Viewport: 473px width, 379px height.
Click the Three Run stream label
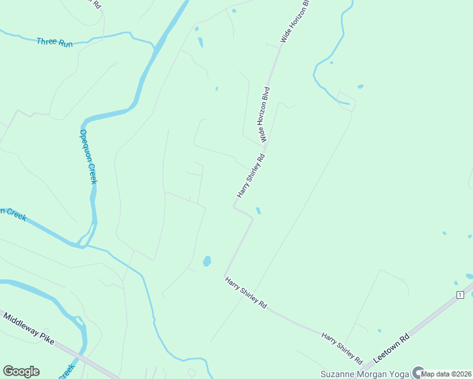pyautogui.click(x=55, y=42)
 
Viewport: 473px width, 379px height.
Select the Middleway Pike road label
pyautogui.click(x=28, y=327)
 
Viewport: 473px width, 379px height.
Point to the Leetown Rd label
pyautogui.click(x=391, y=347)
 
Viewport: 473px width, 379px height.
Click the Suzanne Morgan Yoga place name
pyautogui.click(x=364, y=373)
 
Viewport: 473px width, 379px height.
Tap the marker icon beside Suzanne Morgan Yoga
pyautogui.click(x=417, y=372)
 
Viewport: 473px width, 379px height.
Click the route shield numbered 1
pyautogui.click(x=460, y=296)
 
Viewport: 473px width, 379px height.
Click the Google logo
pyautogui.click(x=21, y=371)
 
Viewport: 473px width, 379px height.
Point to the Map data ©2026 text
pyautogui.click(x=446, y=375)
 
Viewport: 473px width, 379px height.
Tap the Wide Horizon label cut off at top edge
pyautogui.click(x=295, y=21)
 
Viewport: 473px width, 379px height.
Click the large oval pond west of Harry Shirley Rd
pyautogui.click(x=207, y=261)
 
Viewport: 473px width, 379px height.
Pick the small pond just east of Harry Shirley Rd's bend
pyautogui.click(x=258, y=210)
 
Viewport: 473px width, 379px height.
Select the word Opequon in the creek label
pyautogui.click(x=85, y=146)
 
